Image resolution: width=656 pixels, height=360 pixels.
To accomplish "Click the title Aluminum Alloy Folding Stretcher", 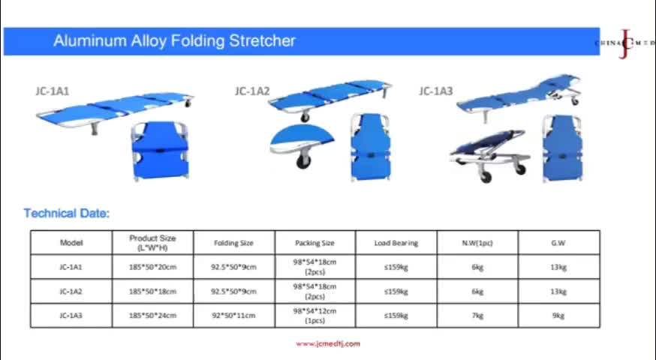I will pyautogui.click(x=174, y=41).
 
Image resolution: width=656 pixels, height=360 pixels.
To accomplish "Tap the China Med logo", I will pyautogui.click(x=624, y=43).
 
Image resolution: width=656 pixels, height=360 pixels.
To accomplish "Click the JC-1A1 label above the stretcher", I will pyautogui.click(x=52, y=91).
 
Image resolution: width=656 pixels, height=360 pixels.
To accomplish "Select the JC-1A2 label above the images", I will pyautogui.click(x=251, y=91).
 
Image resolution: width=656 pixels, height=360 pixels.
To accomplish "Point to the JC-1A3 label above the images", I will pyautogui.click(x=435, y=91).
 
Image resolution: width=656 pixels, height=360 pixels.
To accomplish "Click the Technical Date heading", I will pyautogui.click(x=67, y=214).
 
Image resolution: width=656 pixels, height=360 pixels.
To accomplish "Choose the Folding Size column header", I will pyautogui.click(x=233, y=243).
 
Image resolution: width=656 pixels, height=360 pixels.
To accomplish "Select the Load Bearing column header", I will pyautogui.click(x=396, y=243).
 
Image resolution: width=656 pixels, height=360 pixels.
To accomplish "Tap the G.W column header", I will pyautogui.click(x=558, y=243).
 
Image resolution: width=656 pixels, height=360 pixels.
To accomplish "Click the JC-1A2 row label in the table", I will pyautogui.click(x=71, y=291).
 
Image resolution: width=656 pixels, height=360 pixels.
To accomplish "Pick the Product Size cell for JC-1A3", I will pyautogui.click(x=152, y=316).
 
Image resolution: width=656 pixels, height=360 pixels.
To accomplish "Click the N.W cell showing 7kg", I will pyautogui.click(x=477, y=316).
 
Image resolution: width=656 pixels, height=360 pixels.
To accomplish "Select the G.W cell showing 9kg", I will pyautogui.click(x=558, y=316).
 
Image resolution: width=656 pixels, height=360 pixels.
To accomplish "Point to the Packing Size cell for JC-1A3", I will pyautogui.click(x=314, y=316).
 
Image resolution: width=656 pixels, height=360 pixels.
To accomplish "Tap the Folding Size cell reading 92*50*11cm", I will pyautogui.click(x=233, y=316).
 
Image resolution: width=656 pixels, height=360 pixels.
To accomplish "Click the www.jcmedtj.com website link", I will pyautogui.click(x=328, y=343).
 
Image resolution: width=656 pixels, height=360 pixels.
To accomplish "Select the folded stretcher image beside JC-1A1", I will pyautogui.click(x=161, y=151).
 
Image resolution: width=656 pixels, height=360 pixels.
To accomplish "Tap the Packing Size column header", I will pyautogui.click(x=314, y=243).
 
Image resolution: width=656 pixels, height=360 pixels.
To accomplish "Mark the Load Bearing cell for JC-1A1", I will pyautogui.click(x=396, y=267).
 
